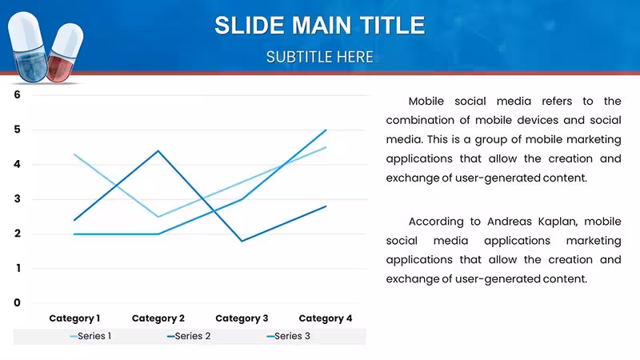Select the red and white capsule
tap(65, 52)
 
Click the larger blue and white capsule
tap(27, 46)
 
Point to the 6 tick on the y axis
tap(17, 94)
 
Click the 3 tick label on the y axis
tap(17, 199)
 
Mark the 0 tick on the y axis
tap(17, 303)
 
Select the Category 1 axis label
tap(74, 318)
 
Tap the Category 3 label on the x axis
tap(242, 318)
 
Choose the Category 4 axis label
tap(326, 318)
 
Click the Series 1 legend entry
tap(90, 336)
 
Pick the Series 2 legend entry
tap(189, 336)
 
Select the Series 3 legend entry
tap(288, 336)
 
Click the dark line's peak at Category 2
tap(158, 151)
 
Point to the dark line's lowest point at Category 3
tap(242, 241)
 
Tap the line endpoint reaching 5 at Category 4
tap(326, 130)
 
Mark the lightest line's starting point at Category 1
tap(74, 154)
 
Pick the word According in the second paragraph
tap(436, 222)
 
